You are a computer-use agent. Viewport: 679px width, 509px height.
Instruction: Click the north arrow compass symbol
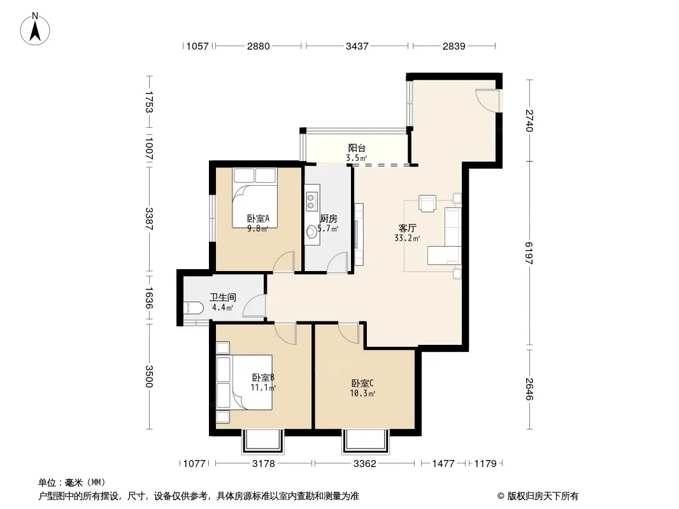(35, 29)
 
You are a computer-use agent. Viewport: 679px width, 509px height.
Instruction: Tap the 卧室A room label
(258, 218)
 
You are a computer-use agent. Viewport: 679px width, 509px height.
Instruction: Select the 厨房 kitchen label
(329, 219)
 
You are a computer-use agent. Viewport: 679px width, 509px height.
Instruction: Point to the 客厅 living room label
(407, 228)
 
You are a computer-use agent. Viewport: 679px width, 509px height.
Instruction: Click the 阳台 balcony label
(357, 148)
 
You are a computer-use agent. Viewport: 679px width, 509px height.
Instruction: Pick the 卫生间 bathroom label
(222, 298)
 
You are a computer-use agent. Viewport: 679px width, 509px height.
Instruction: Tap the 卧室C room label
(362, 384)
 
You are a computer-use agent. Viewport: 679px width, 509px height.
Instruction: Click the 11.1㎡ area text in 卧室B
(263, 387)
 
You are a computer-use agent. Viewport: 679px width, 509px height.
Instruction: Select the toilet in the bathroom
(193, 308)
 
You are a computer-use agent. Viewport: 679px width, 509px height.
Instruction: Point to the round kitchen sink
(311, 233)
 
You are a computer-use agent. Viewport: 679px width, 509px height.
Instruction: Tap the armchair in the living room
(427, 203)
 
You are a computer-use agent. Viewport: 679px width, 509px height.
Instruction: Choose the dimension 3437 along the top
(357, 46)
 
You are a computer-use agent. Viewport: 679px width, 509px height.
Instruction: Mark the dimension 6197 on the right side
(529, 253)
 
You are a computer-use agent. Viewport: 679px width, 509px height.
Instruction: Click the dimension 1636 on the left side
(149, 298)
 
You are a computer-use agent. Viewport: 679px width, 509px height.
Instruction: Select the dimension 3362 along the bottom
(364, 464)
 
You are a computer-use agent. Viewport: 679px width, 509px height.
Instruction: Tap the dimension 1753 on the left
(149, 102)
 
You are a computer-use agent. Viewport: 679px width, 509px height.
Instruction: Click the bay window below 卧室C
(365, 441)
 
